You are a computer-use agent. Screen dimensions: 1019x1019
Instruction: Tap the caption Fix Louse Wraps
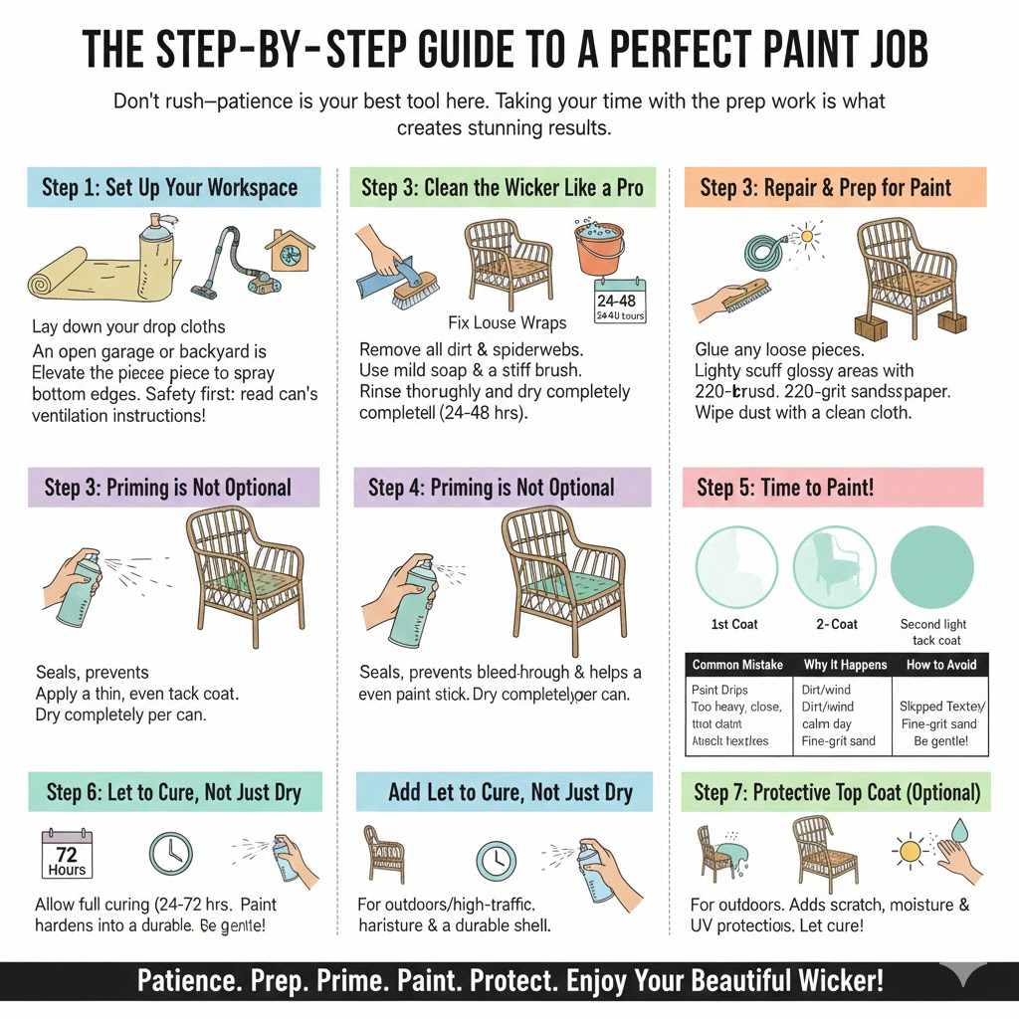[x=508, y=322]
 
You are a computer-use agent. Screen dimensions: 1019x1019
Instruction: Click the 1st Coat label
[x=733, y=624]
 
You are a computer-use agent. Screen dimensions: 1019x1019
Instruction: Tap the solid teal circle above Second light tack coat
[x=932, y=564]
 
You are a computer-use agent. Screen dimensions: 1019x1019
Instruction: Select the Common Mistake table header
[x=737, y=664]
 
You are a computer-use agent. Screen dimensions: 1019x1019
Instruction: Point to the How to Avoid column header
[x=940, y=664]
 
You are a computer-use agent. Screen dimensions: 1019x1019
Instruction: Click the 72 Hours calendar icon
[x=67, y=853]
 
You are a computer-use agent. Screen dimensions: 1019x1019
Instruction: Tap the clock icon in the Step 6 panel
[x=171, y=853]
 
